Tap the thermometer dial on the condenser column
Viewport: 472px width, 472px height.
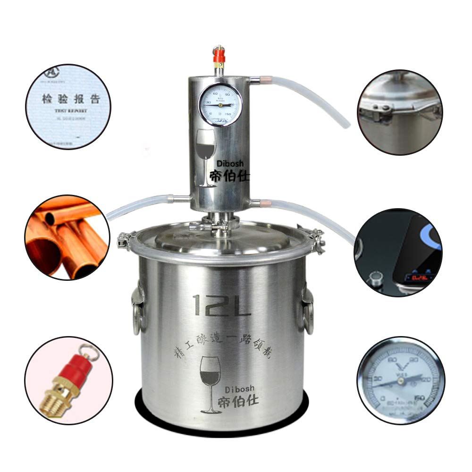[x=219, y=105]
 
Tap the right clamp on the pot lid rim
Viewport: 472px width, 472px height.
[x=315, y=238]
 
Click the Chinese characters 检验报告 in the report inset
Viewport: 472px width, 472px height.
[x=70, y=100]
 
